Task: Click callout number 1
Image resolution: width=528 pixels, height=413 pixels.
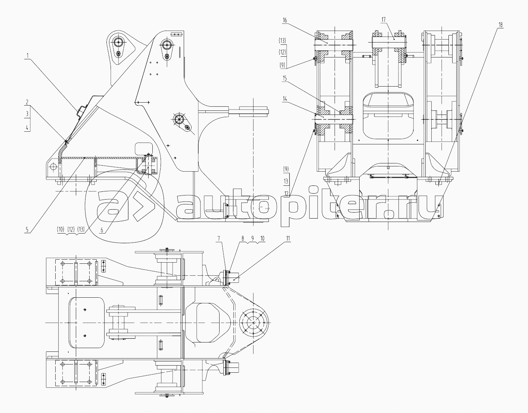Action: (28, 56)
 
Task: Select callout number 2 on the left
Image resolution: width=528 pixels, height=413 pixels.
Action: (27, 102)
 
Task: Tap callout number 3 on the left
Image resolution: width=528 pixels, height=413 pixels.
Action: (27, 113)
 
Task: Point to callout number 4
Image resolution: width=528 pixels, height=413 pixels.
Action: (27, 127)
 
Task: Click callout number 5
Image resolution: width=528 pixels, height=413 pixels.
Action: (27, 229)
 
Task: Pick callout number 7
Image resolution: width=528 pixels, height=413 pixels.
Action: (219, 238)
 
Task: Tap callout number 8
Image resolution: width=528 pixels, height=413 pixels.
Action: (242, 238)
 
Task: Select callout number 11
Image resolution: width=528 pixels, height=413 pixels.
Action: (288, 238)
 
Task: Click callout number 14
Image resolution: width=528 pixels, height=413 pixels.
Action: (285, 99)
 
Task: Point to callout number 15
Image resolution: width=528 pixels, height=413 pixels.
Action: (285, 78)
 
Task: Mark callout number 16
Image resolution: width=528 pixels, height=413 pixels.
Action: (285, 20)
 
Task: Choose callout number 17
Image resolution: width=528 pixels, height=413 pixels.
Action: (383, 19)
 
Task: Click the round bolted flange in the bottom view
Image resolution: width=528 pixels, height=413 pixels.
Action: (254, 323)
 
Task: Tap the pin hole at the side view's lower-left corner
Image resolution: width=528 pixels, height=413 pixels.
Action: (53, 167)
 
